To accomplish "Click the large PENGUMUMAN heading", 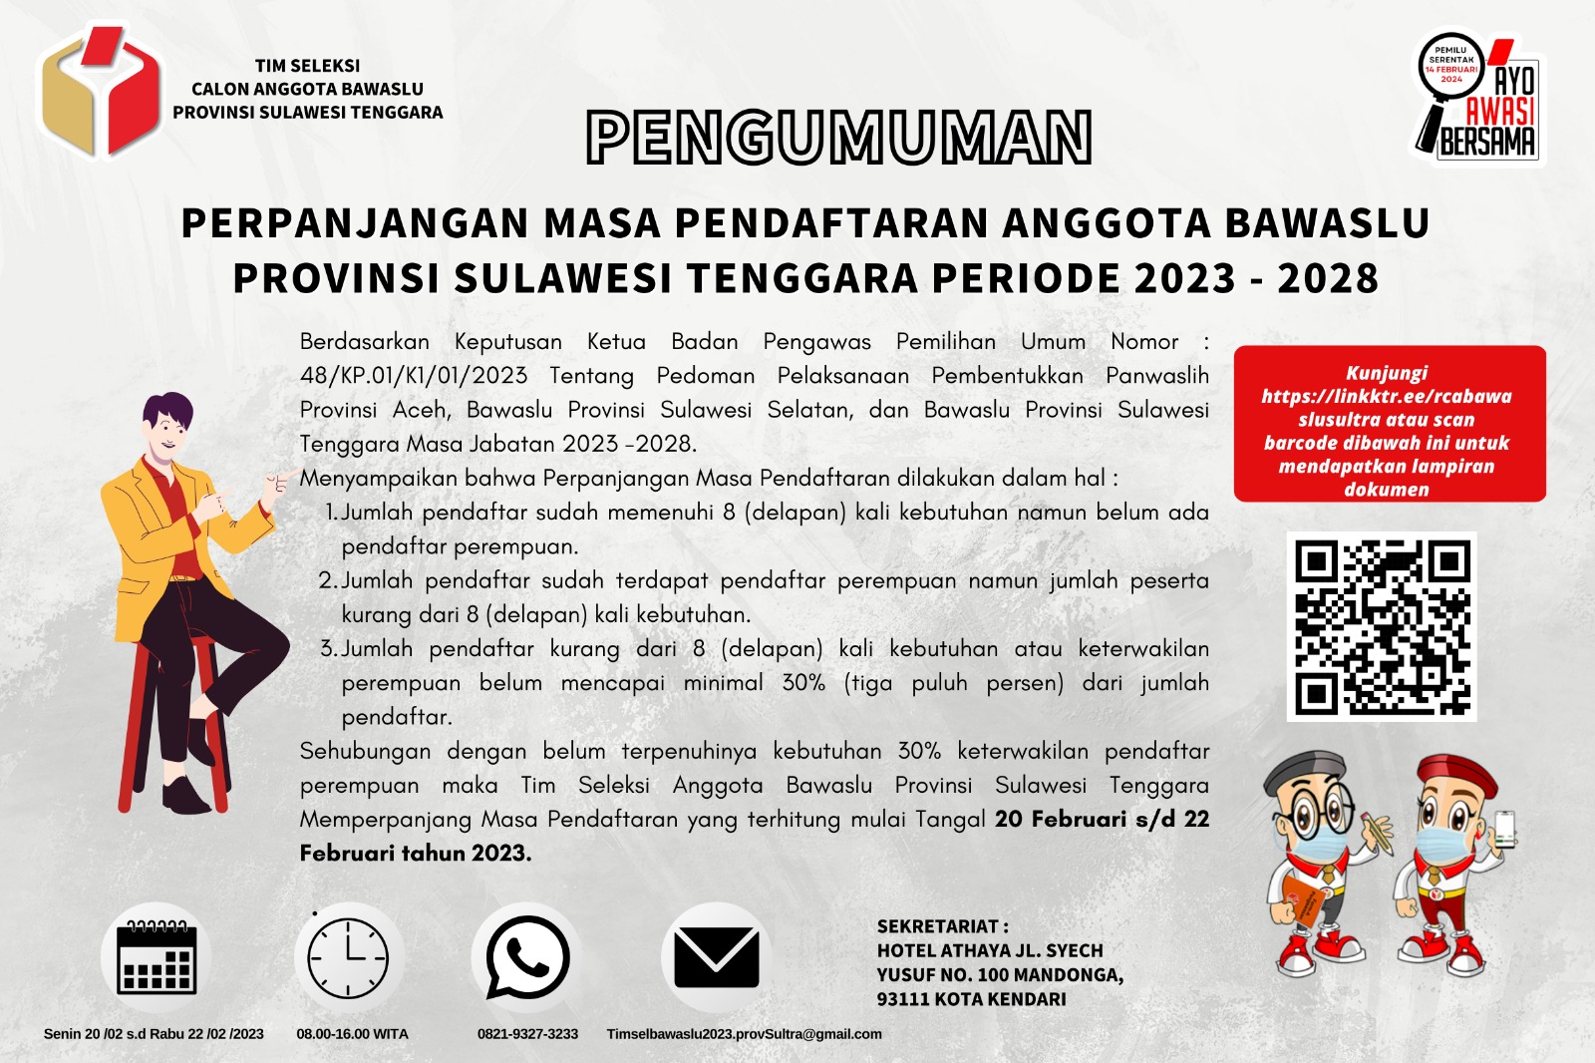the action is point(839,138).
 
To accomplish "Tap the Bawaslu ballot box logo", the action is point(100,92).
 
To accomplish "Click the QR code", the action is point(1382,626).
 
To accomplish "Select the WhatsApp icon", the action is point(527,957).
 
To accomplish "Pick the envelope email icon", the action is point(716,957).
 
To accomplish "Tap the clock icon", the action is point(348,957).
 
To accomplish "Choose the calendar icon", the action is point(156,957).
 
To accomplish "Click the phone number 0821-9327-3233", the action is point(527,1034).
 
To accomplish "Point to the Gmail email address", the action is point(744,1034).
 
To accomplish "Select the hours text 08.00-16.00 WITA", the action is point(352,1034).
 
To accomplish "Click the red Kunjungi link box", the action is point(1389,424).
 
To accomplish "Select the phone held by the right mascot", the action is point(1503,827).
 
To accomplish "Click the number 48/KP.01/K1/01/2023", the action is point(414,376).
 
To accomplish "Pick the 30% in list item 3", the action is point(803,683).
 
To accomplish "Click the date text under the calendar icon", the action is point(154,1034).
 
